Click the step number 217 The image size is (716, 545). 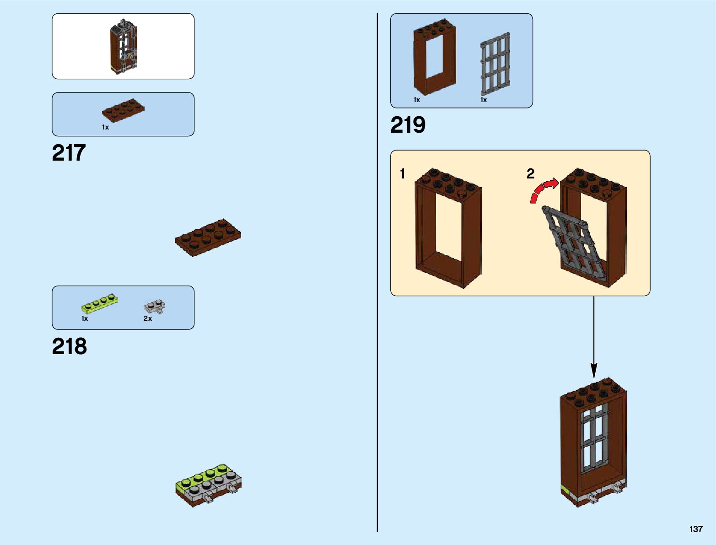69,153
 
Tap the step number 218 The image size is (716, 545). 69,346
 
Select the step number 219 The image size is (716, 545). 408,125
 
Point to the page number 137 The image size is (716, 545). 695,529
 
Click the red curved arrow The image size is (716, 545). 543,189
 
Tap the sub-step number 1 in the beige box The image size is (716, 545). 402,174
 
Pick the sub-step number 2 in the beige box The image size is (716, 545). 530,174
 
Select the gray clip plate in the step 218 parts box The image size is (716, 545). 155,307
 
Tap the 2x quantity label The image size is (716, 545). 147,318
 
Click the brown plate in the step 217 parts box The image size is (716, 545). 123,110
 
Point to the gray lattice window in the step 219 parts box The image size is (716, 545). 495,62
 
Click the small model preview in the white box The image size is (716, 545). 123,47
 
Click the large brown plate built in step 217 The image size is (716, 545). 208,237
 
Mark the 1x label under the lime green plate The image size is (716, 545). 85,318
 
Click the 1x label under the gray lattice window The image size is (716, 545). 484,100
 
